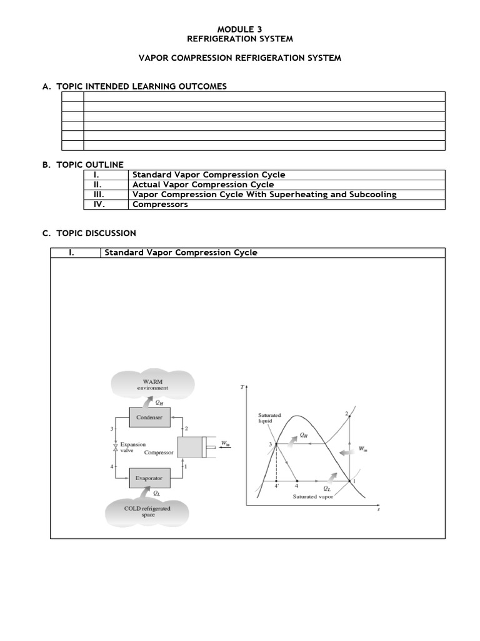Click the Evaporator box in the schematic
tap(149, 478)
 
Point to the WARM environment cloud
tap(153, 384)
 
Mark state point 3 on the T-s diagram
tap(276, 444)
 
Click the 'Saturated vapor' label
tap(314, 496)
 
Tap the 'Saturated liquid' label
tap(269, 418)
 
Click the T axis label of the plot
tap(242, 387)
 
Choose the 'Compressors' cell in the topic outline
tap(160, 204)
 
